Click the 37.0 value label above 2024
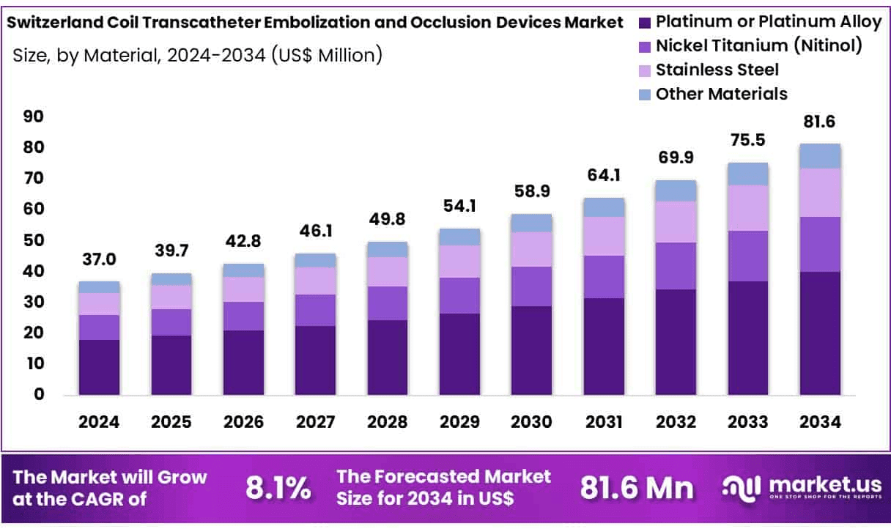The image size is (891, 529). [x=99, y=259]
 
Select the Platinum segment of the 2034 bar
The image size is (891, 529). [x=820, y=333]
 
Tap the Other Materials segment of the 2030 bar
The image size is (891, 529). [x=531, y=223]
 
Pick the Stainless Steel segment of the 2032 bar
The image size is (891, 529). [x=676, y=221]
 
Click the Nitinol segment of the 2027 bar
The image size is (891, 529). [x=315, y=310]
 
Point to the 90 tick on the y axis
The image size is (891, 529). [x=34, y=116]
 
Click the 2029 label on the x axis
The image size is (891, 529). [x=459, y=423]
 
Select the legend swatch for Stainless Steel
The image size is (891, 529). [x=644, y=70]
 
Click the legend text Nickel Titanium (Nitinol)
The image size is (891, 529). [x=758, y=45]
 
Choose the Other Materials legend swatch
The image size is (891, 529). [x=644, y=95]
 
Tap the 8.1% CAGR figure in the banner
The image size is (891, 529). [x=278, y=488]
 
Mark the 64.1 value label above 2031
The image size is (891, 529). [x=604, y=176]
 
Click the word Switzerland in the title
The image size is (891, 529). [x=48, y=22]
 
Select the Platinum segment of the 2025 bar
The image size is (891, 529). [x=171, y=365]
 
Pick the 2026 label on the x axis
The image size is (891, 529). [x=243, y=423]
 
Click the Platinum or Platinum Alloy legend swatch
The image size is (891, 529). [x=644, y=22]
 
